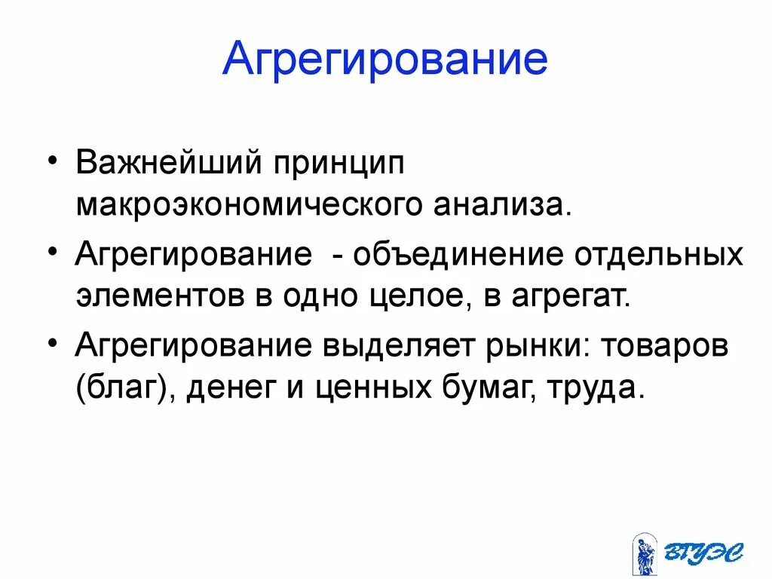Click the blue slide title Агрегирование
coord(384,60)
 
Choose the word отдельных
coord(659,254)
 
